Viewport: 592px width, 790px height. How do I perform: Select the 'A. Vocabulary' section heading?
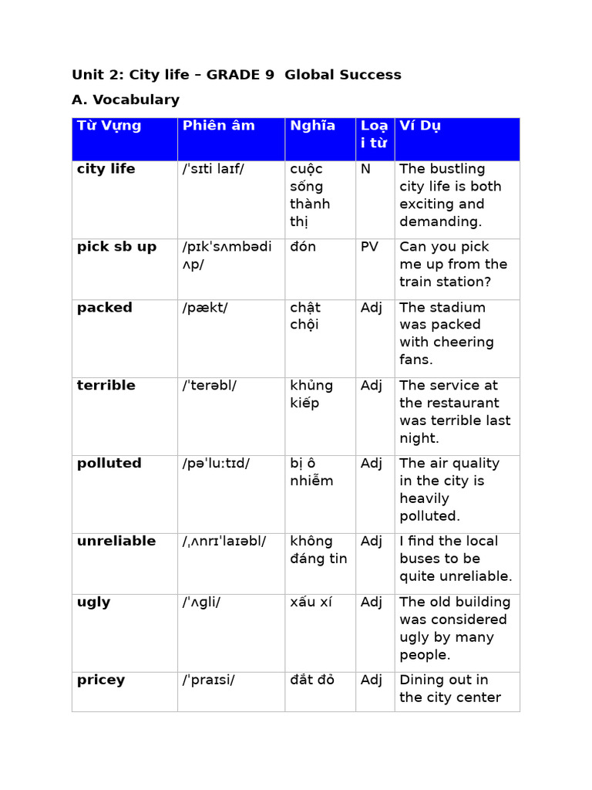126,100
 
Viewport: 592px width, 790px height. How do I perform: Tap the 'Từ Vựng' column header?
109,126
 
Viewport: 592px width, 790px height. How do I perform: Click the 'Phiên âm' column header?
219,126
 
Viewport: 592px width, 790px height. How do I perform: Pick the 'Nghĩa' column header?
313,126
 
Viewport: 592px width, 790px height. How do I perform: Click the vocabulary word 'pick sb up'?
116,247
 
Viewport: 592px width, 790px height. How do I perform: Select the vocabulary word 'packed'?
105,308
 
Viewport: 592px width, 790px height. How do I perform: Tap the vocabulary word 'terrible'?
106,386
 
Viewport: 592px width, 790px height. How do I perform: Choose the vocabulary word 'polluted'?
109,464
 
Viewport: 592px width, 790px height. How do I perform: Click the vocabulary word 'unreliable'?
116,542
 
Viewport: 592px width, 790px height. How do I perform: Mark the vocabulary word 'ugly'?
94,603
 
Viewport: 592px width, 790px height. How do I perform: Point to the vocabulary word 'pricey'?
101,680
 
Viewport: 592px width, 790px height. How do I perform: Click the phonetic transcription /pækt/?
205,308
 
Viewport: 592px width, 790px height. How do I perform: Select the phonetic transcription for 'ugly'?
202,603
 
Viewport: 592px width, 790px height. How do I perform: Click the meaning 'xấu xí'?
311,603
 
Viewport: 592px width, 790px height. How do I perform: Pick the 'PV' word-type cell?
369,247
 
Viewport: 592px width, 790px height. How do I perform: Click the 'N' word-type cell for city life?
365,169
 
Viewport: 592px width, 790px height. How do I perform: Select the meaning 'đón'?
303,247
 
